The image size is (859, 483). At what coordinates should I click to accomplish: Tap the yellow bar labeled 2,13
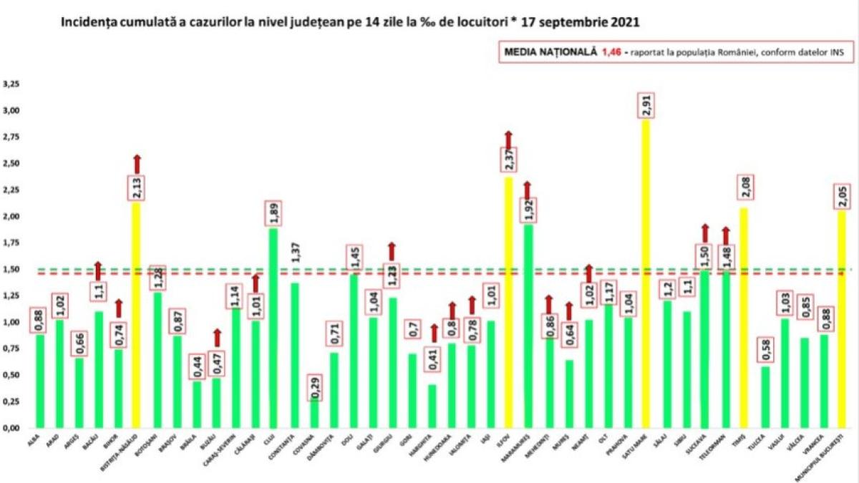pyautogui.click(x=137, y=315)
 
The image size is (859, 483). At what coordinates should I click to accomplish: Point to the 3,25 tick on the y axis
pyautogui.click(x=13, y=84)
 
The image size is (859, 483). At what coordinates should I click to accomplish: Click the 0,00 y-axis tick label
pyautogui.click(x=13, y=428)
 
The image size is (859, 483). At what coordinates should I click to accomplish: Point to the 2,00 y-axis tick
pyautogui.click(x=13, y=216)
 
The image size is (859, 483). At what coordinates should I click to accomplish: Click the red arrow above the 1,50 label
pyautogui.click(x=704, y=233)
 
